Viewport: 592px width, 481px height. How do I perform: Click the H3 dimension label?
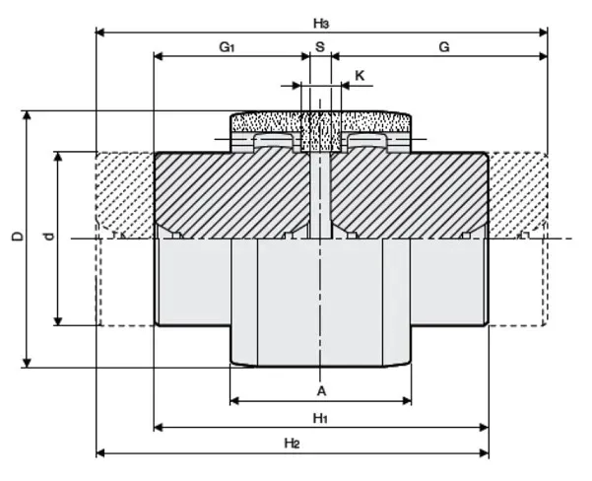click(x=321, y=22)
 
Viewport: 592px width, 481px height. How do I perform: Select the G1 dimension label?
click(x=228, y=46)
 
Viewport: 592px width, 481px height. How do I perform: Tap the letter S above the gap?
click(x=319, y=46)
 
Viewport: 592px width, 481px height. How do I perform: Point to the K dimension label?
click(x=360, y=75)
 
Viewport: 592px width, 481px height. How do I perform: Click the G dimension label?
click(x=444, y=46)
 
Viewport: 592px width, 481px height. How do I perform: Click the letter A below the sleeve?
click(x=321, y=390)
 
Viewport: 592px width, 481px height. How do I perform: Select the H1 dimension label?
click(x=321, y=418)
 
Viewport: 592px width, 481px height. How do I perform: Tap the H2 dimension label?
click(x=293, y=444)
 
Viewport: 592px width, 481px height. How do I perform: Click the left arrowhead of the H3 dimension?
click(x=100, y=33)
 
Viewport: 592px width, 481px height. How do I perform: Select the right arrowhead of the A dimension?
click(x=406, y=400)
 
